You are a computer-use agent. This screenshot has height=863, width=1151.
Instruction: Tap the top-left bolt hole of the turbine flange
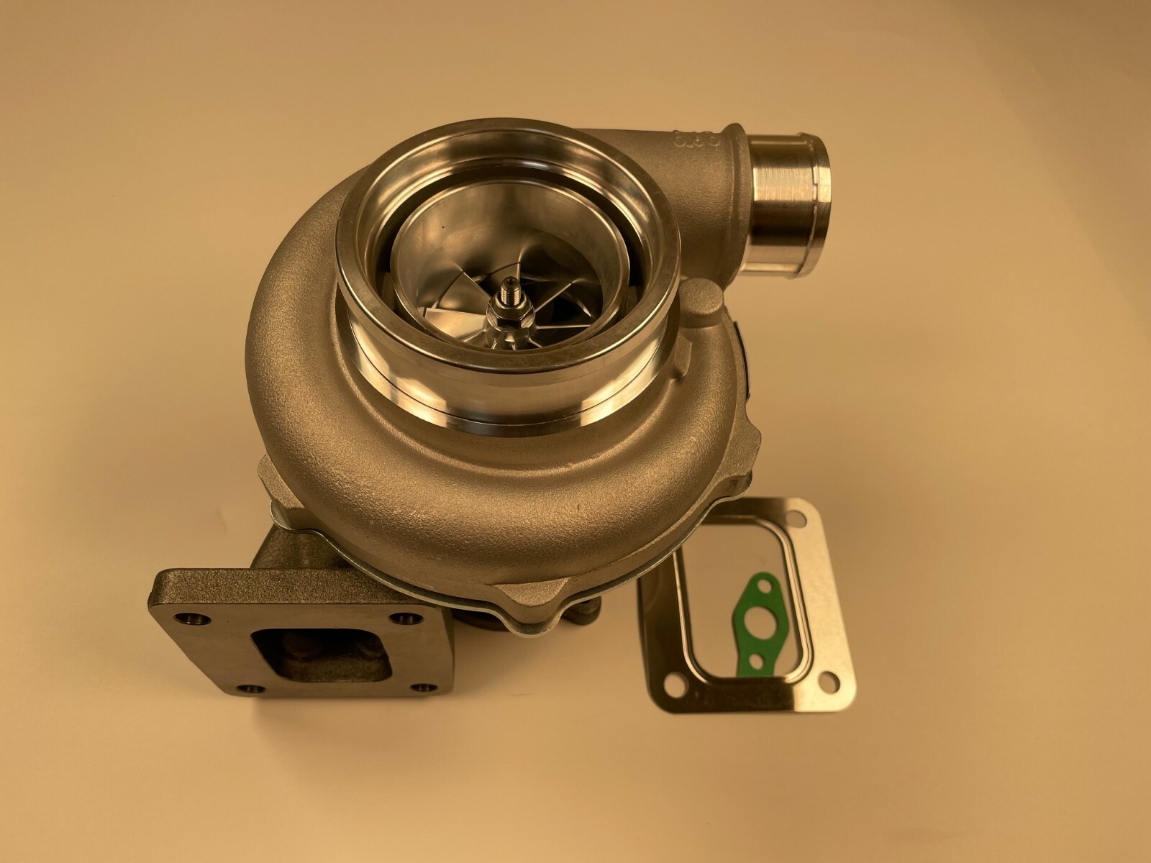(191, 601)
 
